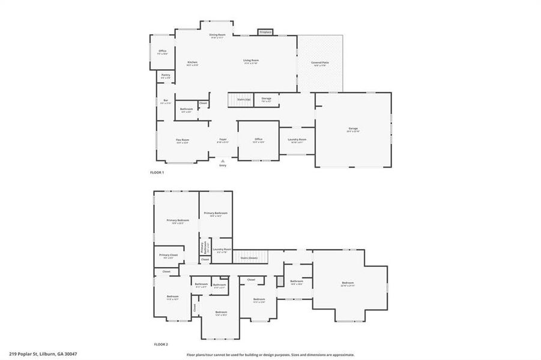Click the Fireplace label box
coord(265,32)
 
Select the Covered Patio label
coord(319,62)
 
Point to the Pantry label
coord(165,75)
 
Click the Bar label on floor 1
coord(165,100)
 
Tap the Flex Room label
coord(183,140)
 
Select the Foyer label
coord(222,140)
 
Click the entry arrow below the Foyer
coord(223,161)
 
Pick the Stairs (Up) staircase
coord(240,100)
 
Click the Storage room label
coord(267,99)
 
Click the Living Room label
coord(251,61)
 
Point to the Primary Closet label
coord(169,256)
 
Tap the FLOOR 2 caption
coord(161,344)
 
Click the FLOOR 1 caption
coord(157,172)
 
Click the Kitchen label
coord(192,62)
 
